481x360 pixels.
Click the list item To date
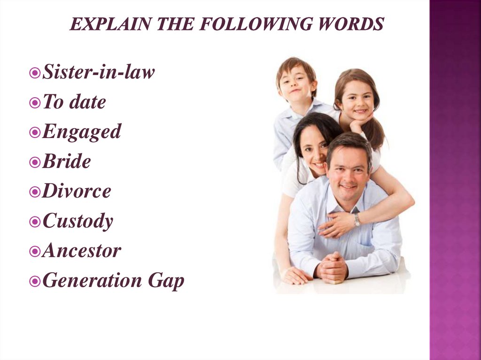tap(74, 102)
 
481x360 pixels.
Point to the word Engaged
tap(81, 132)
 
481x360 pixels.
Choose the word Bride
tap(66, 161)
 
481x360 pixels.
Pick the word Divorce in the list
tap(77, 191)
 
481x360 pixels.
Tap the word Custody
tap(78, 221)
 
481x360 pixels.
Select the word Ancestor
tap(81, 251)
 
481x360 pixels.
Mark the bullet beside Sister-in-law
tap(34, 73)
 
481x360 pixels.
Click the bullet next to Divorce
tap(34, 192)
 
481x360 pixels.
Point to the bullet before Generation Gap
tap(34, 282)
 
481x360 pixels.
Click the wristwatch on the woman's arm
tap(357, 220)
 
